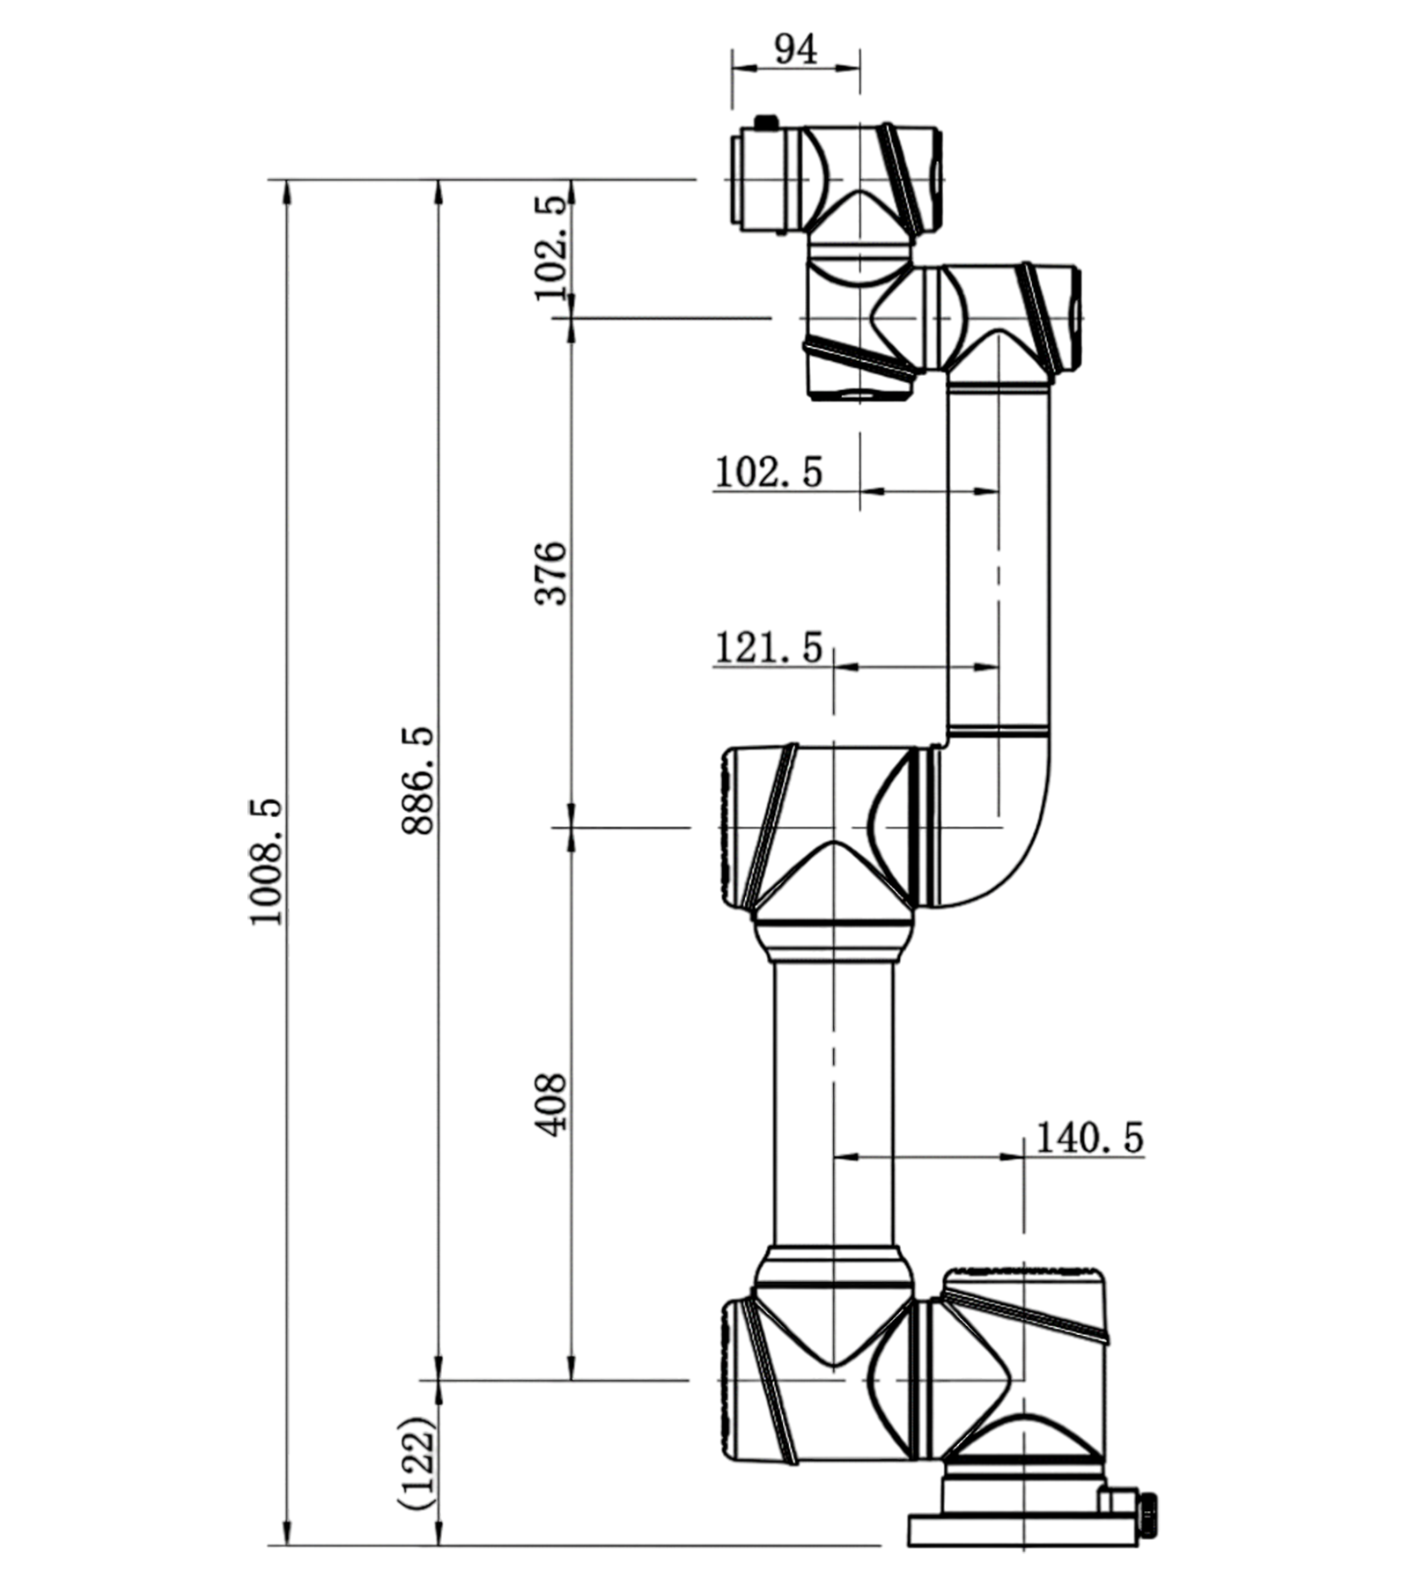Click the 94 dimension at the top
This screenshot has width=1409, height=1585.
click(x=795, y=48)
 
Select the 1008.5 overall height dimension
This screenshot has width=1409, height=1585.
click(x=266, y=861)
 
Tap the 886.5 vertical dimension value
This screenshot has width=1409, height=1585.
click(x=417, y=780)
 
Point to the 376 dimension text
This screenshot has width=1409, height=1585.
click(x=551, y=573)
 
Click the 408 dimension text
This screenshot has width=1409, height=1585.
click(x=551, y=1104)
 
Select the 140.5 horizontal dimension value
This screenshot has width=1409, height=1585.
click(x=1088, y=1138)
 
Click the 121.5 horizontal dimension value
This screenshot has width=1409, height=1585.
click(x=768, y=648)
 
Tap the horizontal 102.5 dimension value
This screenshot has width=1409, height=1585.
click(x=768, y=472)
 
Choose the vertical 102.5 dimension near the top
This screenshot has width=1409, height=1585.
click(x=551, y=248)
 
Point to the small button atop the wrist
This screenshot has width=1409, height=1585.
click(x=767, y=122)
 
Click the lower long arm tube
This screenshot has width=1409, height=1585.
click(x=833, y=1106)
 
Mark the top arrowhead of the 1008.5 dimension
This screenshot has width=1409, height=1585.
click(x=285, y=195)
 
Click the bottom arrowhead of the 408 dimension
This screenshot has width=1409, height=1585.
click(x=572, y=1366)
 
